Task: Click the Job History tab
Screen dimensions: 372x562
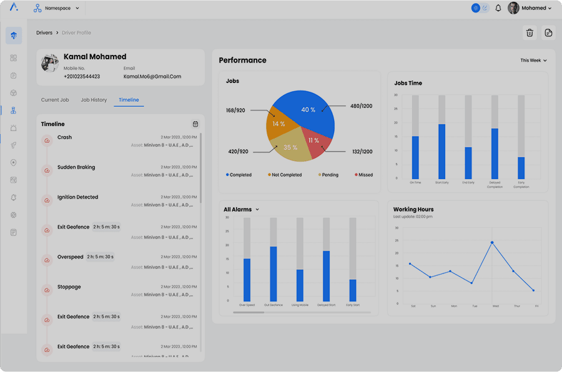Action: point(94,100)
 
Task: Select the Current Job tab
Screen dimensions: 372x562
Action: point(55,100)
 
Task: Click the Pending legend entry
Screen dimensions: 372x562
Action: point(328,175)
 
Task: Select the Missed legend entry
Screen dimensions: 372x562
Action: point(363,175)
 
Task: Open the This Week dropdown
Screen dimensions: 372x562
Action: point(533,61)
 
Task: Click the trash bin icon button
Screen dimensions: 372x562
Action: point(530,33)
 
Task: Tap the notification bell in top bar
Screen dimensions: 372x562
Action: point(498,8)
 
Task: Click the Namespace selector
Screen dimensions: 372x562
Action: point(57,8)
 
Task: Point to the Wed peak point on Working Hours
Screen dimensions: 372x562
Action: point(492,242)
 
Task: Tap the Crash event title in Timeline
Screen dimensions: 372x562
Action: point(64,137)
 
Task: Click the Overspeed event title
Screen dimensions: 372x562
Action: point(70,257)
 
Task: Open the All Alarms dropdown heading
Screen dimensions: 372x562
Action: point(241,210)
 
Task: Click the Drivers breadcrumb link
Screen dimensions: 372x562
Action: point(44,32)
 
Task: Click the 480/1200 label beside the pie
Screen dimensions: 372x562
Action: point(361,106)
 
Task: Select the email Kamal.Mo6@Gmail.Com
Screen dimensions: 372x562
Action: point(152,76)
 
